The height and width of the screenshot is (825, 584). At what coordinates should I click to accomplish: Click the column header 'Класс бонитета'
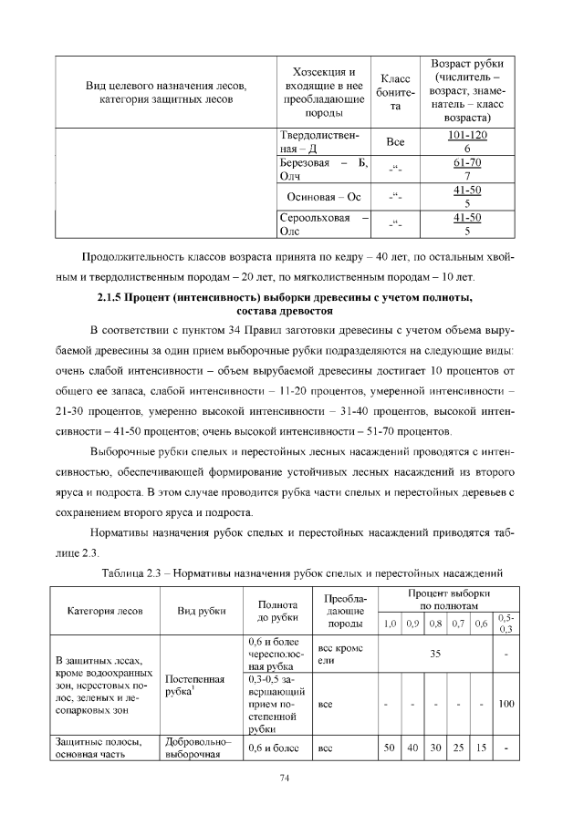[x=395, y=93]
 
